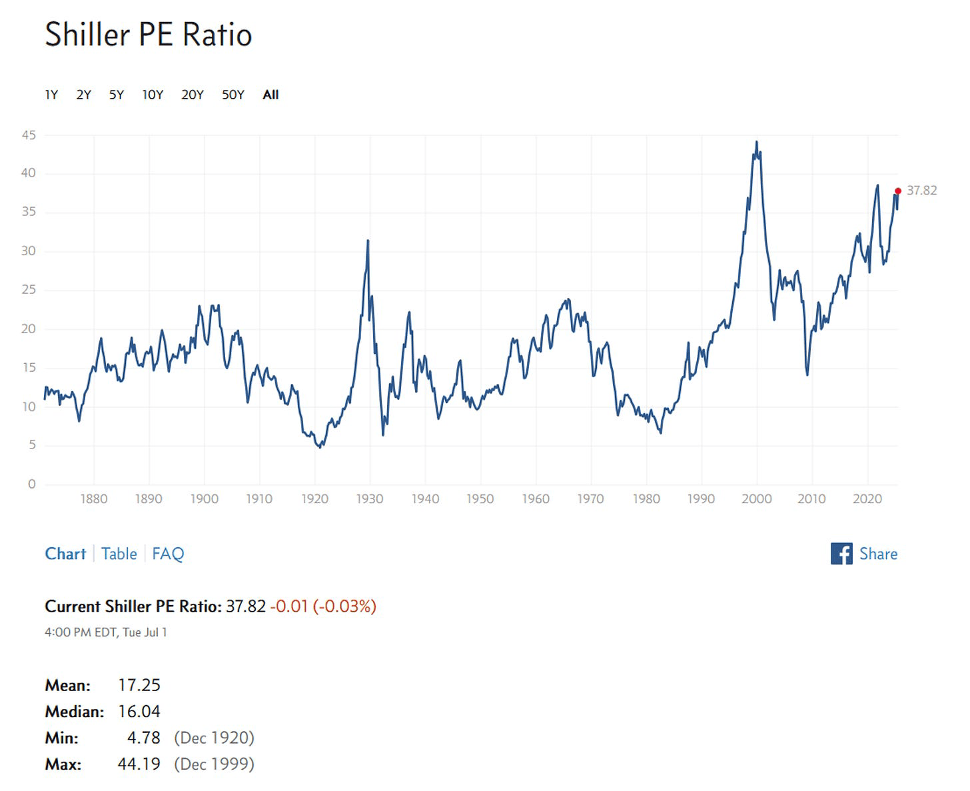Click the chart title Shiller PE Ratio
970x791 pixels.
(148, 35)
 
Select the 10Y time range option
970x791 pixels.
(153, 95)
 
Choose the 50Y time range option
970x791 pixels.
(233, 95)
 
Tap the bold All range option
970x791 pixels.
(270, 95)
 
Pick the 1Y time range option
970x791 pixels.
(51, 95)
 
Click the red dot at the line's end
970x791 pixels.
(897, 191)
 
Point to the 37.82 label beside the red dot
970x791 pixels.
(921, 191)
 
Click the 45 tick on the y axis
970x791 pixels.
(29, 135)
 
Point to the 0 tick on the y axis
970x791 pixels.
(31, 484)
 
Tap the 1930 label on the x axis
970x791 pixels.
(370, 499)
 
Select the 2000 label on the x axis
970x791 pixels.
(756, 499)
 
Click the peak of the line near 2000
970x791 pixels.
(756, 142)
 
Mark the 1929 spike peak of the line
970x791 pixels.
(368, 241)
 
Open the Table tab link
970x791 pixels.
(119, 554)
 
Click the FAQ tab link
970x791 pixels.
(168, 554)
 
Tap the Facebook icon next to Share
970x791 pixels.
(841, 554)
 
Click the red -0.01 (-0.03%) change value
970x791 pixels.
(323, 606)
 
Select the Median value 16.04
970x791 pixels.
(139, 712)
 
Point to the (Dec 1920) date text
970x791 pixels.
(214, 738)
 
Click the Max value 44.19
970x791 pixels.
(139, 764)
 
